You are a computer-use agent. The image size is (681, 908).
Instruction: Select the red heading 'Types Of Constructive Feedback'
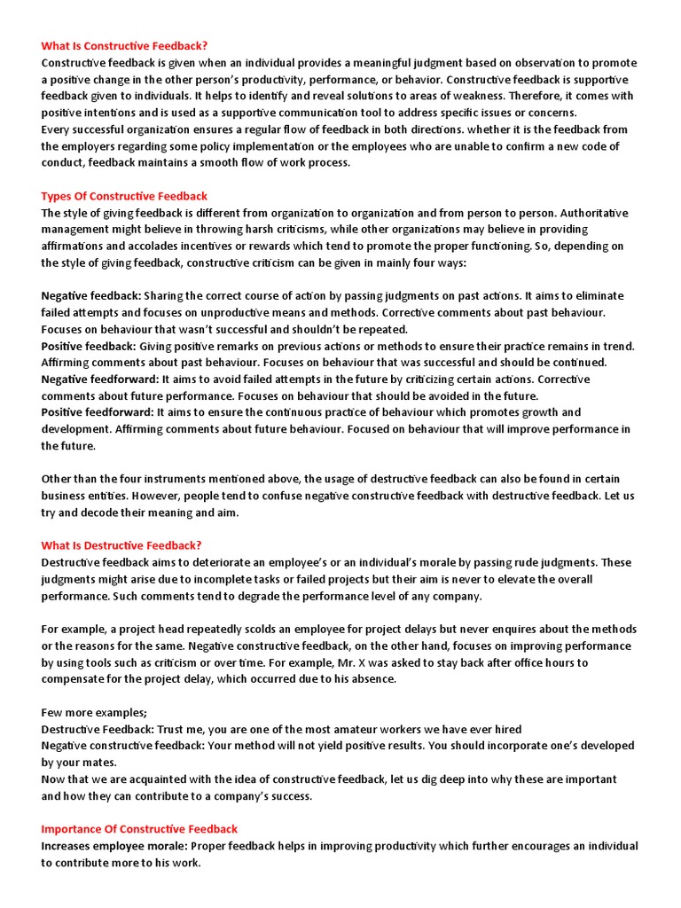pyautogui.click(x=124, y=196)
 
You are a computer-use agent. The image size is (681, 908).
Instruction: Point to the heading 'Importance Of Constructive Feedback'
pyautogui.click(x=139, y=829)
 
